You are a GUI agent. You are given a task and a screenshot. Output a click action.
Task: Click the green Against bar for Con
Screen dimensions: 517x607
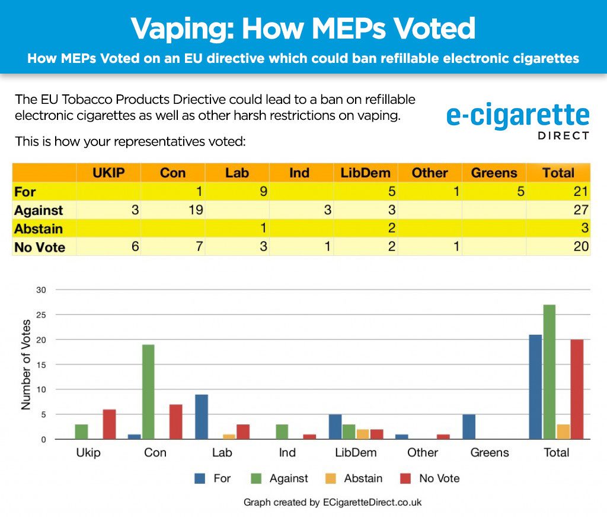[148, 392]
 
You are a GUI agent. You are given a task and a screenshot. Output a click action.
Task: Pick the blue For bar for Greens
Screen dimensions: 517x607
[468, 427]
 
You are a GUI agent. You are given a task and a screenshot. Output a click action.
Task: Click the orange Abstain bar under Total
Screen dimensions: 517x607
[563, 432]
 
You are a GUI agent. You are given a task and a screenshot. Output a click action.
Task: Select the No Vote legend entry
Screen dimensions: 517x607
[430, 478]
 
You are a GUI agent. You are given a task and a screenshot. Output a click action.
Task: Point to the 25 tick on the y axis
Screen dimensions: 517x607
[42, 315]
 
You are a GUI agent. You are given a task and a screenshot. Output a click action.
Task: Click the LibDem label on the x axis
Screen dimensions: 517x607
[356, 453]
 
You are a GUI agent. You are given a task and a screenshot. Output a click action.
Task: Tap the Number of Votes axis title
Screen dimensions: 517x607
[26, 364]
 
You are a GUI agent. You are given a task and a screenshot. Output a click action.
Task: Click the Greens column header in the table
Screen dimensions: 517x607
[494, 173]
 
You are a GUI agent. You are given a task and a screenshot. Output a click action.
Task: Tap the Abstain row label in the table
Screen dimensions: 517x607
[39, 229]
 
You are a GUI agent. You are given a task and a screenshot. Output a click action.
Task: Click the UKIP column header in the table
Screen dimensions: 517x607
[108, 173]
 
